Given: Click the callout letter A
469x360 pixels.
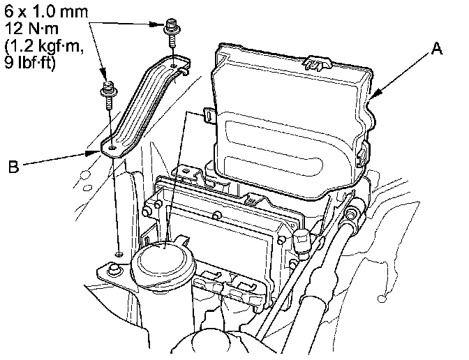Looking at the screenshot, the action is pyautogui.click(x=436, y=49).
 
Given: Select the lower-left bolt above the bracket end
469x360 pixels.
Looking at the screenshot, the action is pyautogui.click(x=108, y=91).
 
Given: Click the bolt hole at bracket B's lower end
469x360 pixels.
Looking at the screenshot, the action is pyautogui.click(x=112, y=148).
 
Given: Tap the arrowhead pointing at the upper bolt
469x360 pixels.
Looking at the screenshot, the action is pyautogui.click(x=161, y=24).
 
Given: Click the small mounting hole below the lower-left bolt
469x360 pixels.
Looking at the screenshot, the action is pyautogui.click(x=119, y=250).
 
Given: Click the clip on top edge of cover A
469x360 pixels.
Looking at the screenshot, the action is pyautogui.click(x=315, y=62).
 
